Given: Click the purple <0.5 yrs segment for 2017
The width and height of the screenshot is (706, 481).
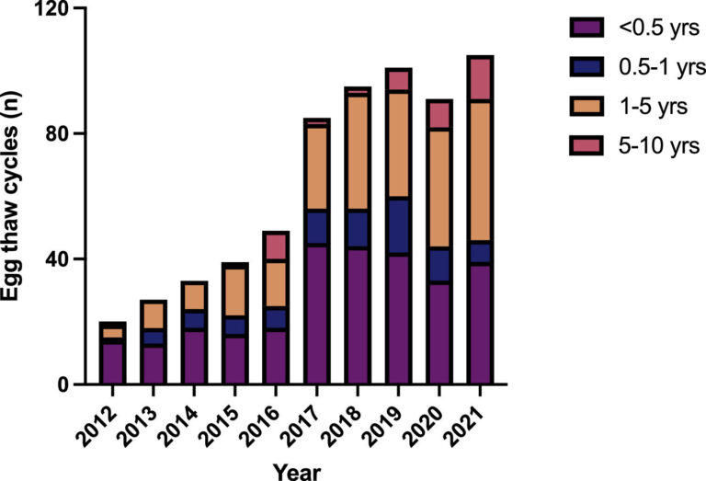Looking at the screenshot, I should tap(317, 314).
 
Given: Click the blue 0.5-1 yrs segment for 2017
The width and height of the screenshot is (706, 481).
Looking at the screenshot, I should tap(317, 228).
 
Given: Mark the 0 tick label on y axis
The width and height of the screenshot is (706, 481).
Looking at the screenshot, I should tap(65, 384).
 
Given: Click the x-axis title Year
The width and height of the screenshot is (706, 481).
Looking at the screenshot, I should tap(297, 469).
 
